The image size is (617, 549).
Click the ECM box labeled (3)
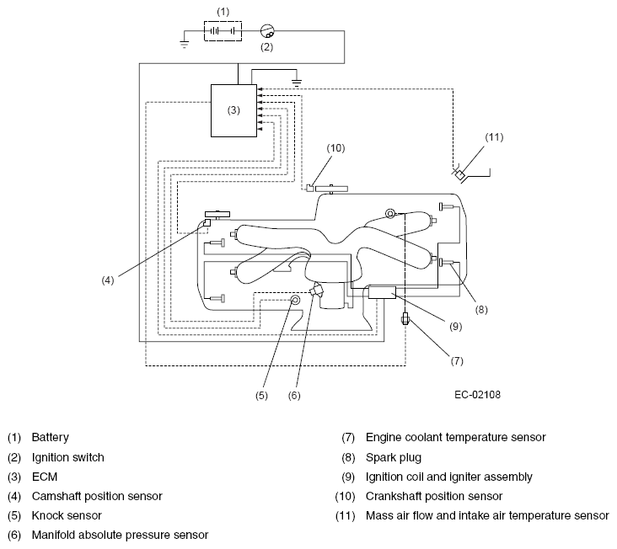(233, 110)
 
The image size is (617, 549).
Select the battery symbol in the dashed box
(223, 31)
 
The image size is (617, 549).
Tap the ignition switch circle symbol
(267, 30)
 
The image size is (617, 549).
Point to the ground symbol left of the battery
(184, 44)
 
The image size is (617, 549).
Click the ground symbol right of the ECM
(297, 83)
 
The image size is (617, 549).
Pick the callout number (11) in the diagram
(494, 137)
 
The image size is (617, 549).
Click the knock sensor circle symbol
(295, 301)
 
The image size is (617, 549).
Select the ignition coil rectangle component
(382, 293)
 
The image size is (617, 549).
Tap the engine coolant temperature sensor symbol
(405, 318)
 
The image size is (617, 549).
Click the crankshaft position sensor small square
(310, 188)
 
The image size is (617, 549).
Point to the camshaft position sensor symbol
(207, 223)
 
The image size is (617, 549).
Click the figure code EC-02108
(477, 395)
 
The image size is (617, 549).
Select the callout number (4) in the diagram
(107, 280)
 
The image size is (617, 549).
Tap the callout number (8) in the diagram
(481, 310)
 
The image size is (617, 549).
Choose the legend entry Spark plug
(394, 457)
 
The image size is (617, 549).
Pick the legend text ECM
(45, 477)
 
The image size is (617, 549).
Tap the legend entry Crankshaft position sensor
(434, 496)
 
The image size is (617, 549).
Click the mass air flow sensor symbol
(459, 174)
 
